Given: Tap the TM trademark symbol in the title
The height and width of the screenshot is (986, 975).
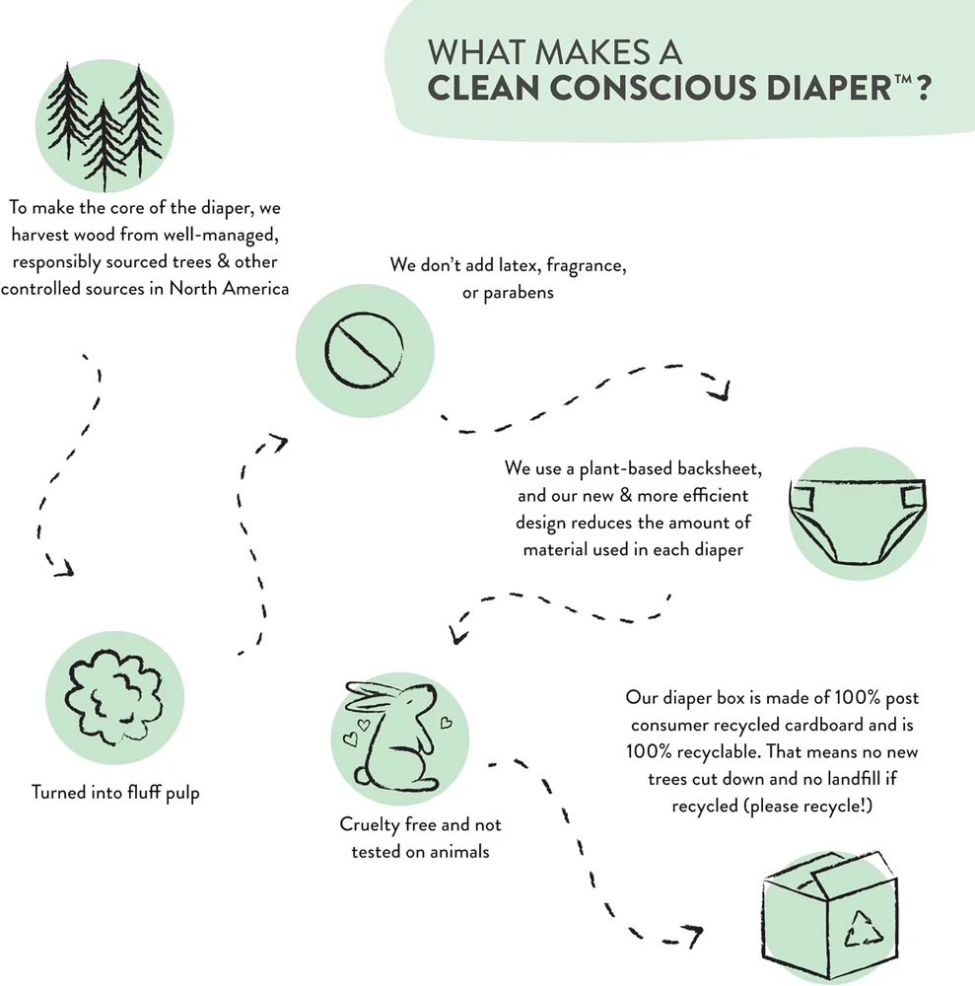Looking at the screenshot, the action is point(903,80).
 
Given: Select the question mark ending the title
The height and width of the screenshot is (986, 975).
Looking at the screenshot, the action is point(923,88).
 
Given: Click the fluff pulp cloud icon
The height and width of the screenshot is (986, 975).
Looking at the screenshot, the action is point(113,697).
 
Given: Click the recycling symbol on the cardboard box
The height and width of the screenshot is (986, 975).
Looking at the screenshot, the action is point(863,929).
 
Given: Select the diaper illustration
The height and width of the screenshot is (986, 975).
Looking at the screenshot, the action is point(857,521).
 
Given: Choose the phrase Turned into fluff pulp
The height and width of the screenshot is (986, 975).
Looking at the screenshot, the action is point(115,793).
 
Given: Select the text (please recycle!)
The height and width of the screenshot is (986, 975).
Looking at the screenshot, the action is point(772,807).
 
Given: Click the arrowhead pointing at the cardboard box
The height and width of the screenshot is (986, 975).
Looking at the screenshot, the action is point(693,936).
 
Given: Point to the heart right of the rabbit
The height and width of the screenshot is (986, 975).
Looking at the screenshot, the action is point(446,723).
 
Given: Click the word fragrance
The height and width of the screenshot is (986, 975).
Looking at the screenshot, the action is point(586,266).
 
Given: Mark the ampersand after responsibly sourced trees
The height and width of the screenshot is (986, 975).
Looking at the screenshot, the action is point(223,261).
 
